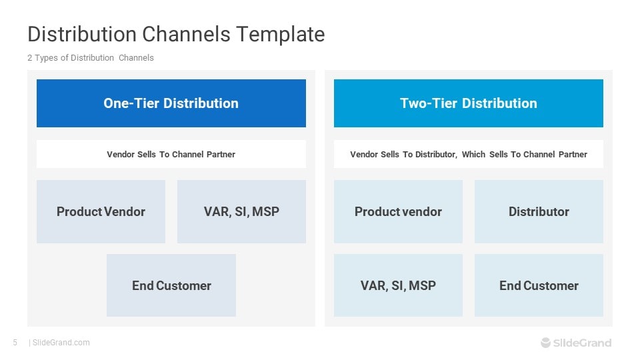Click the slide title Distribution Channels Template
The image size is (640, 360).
point(176,34)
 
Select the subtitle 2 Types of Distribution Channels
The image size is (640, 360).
point(91,58)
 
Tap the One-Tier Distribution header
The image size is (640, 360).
point(171,103)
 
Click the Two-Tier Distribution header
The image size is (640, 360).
point(468,103)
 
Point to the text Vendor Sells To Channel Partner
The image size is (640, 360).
point(171,154)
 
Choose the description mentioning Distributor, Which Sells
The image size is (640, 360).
point(468,154)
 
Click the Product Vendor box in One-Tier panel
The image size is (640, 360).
point(101,211)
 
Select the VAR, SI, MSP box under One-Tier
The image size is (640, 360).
point(241,211)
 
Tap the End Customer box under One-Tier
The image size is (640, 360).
point(171,285)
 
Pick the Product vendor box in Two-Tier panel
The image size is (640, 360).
point(398,211)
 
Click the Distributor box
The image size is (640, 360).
point(539,211)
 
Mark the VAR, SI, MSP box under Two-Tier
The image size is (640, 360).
point(398,285)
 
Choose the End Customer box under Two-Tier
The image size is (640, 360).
point(539,285)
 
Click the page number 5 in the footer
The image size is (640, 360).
point(15,343)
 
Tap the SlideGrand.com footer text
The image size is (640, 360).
point(61,343)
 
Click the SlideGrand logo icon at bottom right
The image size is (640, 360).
point(546,343)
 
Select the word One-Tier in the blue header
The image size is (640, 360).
point(131,103)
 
